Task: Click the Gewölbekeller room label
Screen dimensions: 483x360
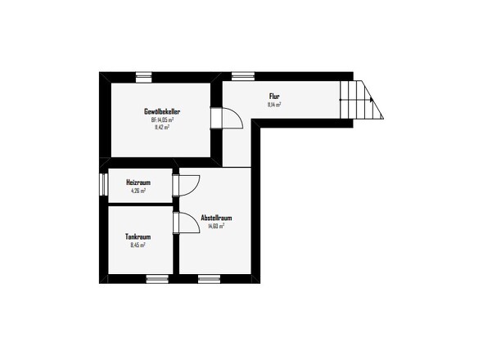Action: point(162,111)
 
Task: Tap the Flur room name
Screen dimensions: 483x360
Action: point(274,97)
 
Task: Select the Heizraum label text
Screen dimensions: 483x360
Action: point(138,182)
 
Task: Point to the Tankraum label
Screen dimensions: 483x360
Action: point(138,236)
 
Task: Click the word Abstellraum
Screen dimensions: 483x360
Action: point(216,218)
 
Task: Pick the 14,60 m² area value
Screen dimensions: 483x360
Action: point(216,226)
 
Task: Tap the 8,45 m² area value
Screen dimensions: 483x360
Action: point(138,245)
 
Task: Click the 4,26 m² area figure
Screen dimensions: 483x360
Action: point(138,191)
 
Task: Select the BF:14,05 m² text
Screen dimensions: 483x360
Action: point(162,119)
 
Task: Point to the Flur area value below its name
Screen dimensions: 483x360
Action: point(274,105)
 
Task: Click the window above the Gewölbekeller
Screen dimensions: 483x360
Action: point(144,77)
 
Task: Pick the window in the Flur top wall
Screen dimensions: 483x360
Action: point(243,76)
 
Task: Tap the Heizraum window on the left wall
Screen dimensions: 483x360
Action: point(103,184)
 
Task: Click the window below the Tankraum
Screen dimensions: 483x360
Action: point(157,279)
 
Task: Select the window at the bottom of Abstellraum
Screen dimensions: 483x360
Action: point(209,279)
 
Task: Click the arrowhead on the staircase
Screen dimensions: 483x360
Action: point(372,100)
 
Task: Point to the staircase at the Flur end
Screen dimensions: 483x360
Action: point(361,100)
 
